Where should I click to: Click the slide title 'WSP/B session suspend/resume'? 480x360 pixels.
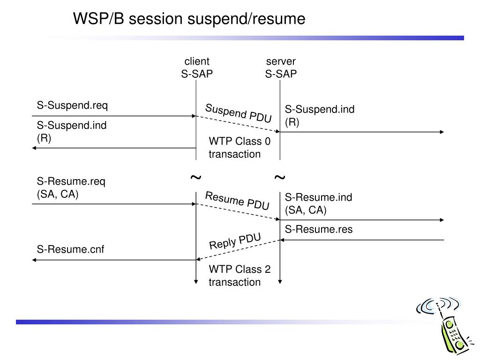189,19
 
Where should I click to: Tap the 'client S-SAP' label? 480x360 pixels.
197,67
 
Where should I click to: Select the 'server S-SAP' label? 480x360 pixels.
281,67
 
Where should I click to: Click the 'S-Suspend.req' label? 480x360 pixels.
72,105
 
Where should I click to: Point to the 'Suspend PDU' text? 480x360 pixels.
238,113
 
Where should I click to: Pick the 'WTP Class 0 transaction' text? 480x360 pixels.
240,148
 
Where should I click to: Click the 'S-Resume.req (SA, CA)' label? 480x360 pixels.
71,187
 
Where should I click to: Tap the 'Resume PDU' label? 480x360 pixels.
237,201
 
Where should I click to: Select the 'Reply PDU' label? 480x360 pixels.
235,241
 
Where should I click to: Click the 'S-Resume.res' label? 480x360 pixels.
319,229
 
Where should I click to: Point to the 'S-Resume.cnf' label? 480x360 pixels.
70,249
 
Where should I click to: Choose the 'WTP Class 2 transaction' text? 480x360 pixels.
240,276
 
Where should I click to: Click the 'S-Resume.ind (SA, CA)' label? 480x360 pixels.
318,203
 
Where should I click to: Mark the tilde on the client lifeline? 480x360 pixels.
196,177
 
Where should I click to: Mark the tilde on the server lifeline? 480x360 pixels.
280,177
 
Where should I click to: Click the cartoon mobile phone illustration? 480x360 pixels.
445,326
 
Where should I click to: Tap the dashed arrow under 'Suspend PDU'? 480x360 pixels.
238,124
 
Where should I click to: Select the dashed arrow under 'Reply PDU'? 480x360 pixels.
238,250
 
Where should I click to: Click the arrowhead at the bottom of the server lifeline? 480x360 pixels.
280,282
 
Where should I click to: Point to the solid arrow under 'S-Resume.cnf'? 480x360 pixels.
114,260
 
